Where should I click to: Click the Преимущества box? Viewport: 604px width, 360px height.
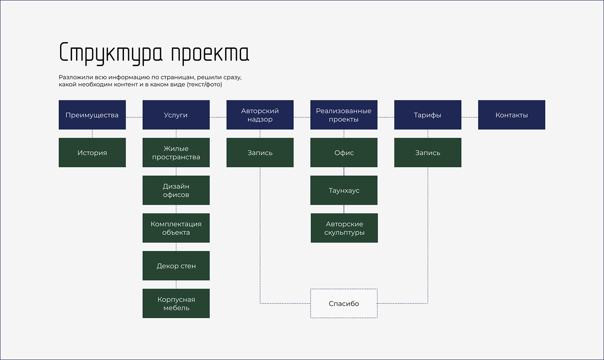click(x=92, y=115)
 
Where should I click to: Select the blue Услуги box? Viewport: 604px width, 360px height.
click(x=176, y=115)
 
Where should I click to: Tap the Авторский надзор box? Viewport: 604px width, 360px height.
click(x=260, y=115)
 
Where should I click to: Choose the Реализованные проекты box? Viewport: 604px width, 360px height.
click(x=344, y=115)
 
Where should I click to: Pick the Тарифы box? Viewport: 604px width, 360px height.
click(x=428, y=115)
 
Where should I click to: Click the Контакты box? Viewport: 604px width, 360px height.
click(x=512, y=115)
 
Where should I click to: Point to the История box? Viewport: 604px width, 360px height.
click(x=92, y=153)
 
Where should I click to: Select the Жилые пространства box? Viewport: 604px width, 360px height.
click(x=176, y=153)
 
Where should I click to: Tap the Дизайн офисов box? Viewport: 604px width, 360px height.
click(x=176, y=190)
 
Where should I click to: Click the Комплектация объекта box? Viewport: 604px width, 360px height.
click(x=176, y=228)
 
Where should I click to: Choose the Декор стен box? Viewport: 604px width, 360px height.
click(x=176, y=266)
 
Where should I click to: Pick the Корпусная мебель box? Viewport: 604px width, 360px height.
click(x=176, y=304)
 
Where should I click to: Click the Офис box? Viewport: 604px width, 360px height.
click(x=344, y=153)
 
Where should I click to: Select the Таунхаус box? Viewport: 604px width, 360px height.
click(x=344, y=190)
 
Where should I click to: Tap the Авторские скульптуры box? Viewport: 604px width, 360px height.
click(x=344, y=228)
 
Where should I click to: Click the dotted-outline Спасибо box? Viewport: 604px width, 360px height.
click(x=344, y=304)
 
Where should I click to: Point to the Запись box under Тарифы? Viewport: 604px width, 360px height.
click(x=428, y=153)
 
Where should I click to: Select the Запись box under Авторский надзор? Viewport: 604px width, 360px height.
click(x=260, y=153)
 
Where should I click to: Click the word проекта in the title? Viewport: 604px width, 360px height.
click(x=210, y=53)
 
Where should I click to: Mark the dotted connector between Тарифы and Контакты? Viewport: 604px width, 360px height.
click(x=469, y=117)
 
